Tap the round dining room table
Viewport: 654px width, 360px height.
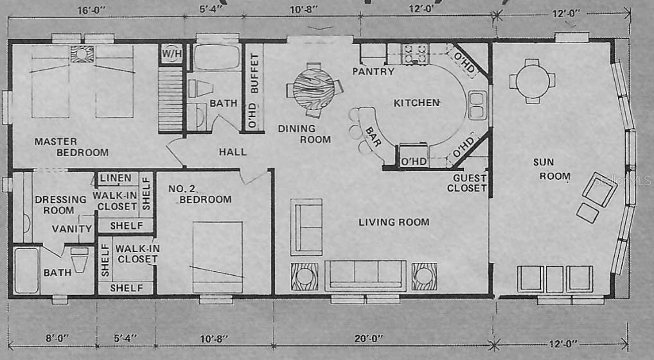coord(314,88)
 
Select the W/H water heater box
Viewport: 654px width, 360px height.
coord(171,53)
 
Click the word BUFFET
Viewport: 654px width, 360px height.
coord(254,76)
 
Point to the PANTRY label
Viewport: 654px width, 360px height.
coord(373,71)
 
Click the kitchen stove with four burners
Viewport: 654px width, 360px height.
coord(415,53)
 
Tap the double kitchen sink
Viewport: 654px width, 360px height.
coord(477,105)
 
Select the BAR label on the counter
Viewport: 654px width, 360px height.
coord(372,136)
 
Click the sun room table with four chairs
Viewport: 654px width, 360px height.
coord(532,80)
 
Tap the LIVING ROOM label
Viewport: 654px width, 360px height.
coord(394,222)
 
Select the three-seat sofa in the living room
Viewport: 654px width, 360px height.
coord(365,275)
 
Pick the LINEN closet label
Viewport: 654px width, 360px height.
coord(116,178)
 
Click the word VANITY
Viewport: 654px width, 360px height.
coord(71,229)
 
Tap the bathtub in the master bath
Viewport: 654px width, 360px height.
coord(26,270)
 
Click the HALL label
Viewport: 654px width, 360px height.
coord(232,152)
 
